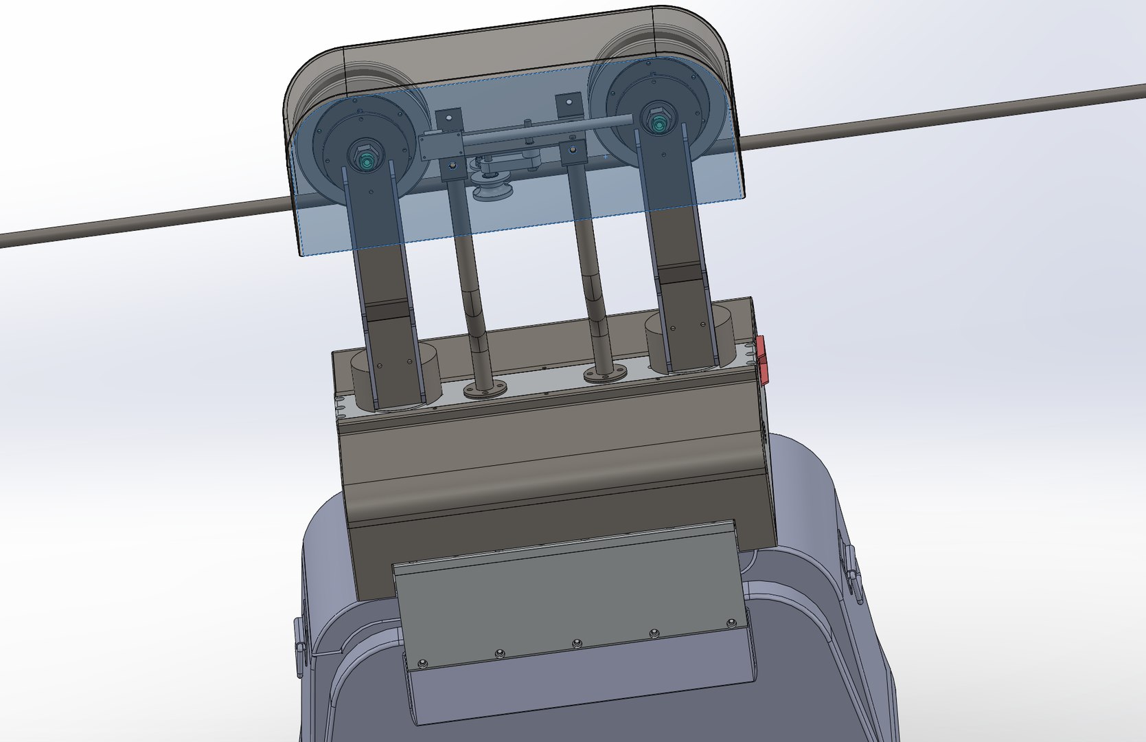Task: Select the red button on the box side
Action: click(762, 359)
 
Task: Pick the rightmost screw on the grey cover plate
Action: click(730, 623)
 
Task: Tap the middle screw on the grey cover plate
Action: click(576, 643)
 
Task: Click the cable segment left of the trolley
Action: click(137, 222)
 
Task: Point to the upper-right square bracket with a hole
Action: click(567, 104)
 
